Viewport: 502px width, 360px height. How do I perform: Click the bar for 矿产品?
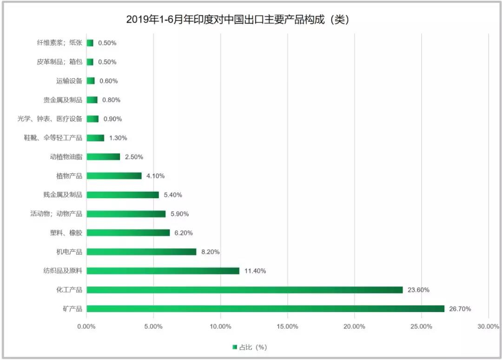[265, 309]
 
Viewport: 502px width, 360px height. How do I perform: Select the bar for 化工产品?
[244, 290]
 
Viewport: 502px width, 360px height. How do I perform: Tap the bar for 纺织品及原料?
[163, 271]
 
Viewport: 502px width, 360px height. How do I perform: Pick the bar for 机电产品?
[141, 252]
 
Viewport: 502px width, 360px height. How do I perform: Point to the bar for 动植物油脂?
[103, 157]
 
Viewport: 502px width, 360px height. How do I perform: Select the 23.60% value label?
[418, 290]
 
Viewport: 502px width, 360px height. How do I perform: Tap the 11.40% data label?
[255, 271]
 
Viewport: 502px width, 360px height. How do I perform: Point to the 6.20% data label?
[184, 233]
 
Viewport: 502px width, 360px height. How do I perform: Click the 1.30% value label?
[118, 138]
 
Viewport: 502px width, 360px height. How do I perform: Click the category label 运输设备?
[69, 81]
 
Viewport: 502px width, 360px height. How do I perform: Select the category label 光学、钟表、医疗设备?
[50, 119]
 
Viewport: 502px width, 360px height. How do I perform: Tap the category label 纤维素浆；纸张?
[59, 43]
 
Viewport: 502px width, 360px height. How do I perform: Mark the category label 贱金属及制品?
[62, 195]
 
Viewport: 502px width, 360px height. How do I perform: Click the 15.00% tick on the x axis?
[287, 327]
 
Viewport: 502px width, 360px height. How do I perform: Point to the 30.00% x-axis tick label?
[488, 327]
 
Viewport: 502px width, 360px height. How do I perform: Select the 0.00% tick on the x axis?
[86, 327]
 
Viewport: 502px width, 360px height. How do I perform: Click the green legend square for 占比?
[235, 347]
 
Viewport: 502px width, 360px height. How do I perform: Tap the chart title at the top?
[238, 20]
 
